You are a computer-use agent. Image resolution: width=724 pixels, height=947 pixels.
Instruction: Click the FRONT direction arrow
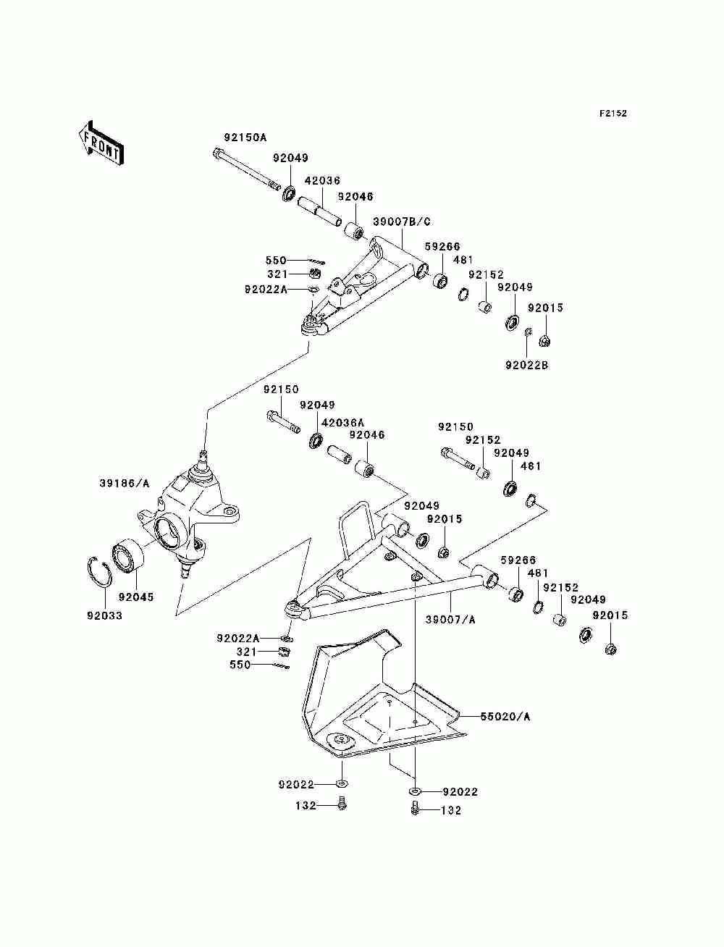click(101, 142)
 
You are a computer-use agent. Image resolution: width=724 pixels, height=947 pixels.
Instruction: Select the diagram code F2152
click(613, 114)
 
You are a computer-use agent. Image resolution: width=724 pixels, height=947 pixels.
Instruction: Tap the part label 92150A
click(245, 138)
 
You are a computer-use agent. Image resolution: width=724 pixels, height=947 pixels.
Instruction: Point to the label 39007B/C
click(402, 222)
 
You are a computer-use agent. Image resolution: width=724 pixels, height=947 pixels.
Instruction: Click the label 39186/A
click(125, 484)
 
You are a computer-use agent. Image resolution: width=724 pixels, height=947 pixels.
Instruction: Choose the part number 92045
click(136, 597)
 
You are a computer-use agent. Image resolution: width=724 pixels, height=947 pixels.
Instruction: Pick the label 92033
click(105, 615)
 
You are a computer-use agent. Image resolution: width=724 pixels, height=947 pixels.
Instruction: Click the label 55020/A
click(505, 717)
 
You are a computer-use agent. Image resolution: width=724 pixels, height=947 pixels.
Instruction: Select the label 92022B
click(527, 366)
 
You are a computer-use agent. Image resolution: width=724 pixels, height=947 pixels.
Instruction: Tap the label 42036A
click(343, 422)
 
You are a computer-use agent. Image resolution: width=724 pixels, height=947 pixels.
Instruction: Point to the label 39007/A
click(450, 620)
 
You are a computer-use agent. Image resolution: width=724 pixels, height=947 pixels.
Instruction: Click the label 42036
click(322, 180)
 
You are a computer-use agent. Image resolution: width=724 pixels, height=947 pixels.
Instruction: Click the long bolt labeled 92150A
click(246, 169)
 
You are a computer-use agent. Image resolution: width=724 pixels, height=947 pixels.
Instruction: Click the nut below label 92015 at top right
click(545, 342)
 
